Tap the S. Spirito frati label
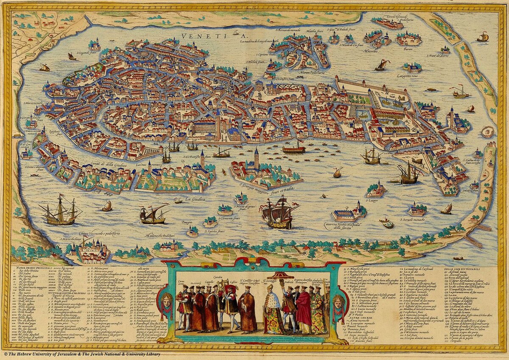[215, 231]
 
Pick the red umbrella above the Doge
[278, 277]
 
